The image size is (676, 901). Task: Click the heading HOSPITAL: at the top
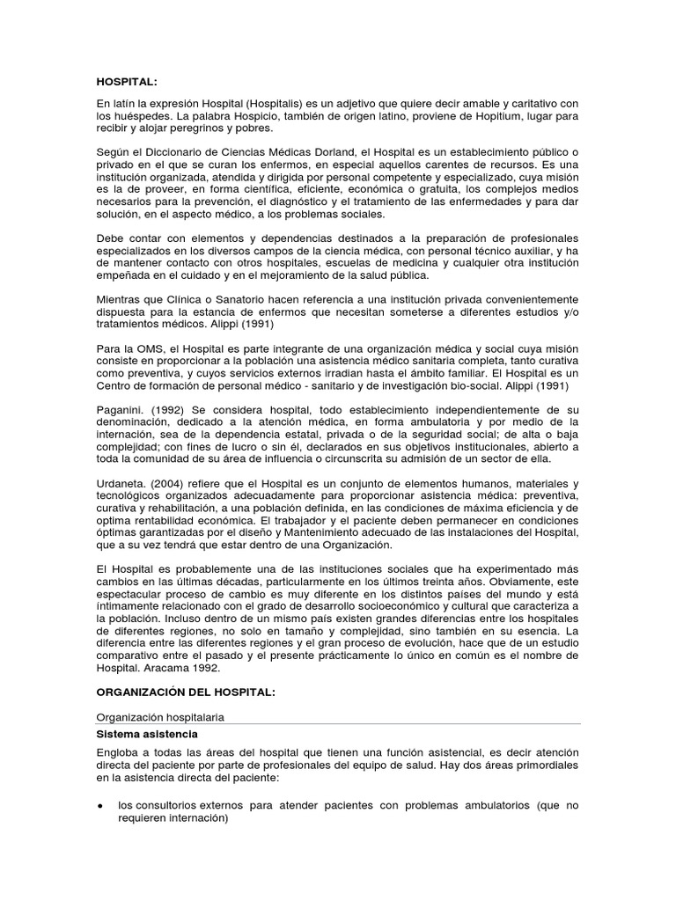point(127,82)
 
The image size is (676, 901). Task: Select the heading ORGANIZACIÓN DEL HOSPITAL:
point(186,692)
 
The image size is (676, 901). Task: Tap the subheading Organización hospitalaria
point(159,717)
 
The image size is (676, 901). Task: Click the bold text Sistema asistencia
point(147,733)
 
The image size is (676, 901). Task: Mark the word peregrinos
point(200,128)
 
